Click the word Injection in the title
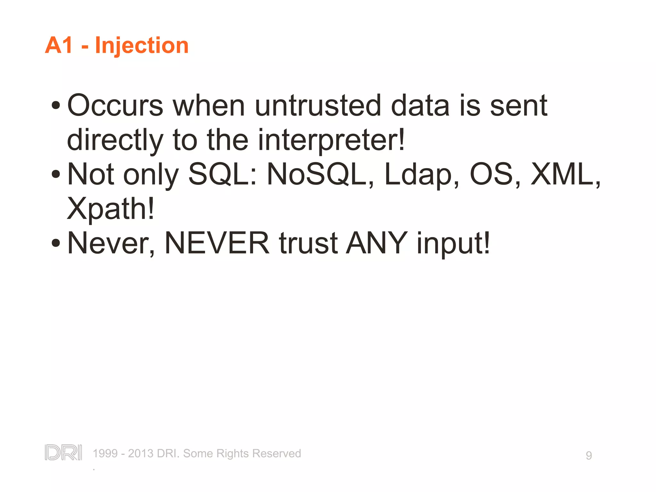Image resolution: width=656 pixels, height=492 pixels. (142, 45)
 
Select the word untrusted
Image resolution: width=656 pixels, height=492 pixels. (318, 106)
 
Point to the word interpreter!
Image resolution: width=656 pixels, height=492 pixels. (332, 140)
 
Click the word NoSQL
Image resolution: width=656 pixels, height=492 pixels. (316, 175)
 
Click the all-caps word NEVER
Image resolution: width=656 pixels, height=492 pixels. (217, 243)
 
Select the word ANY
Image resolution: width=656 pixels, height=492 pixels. (377, 243)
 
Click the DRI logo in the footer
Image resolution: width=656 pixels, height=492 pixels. (63, 452)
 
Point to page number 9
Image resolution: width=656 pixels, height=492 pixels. (589, 455)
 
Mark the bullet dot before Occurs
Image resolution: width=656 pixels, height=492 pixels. (56, 105)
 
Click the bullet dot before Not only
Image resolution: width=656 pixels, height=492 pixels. (56, 175)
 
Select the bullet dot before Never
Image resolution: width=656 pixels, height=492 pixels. (56, 243)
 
